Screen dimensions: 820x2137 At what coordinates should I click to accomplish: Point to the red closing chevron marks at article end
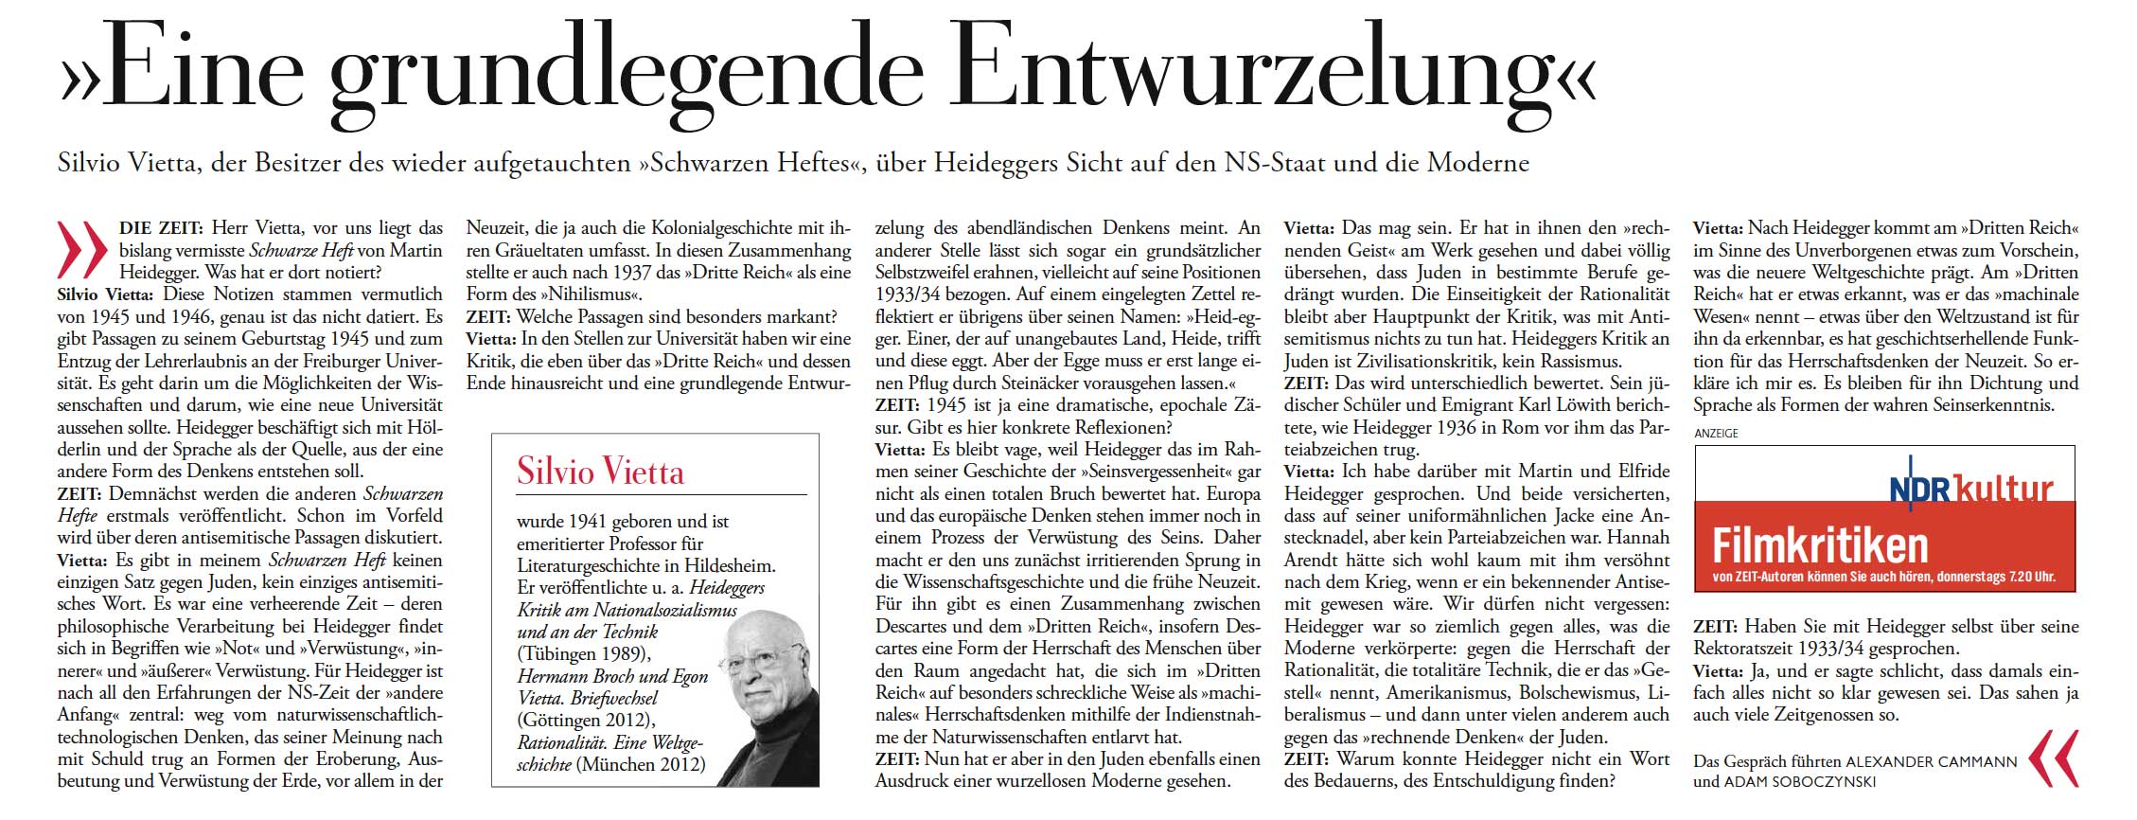click(2053, 758)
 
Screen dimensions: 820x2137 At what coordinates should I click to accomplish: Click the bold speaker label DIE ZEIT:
click(161, 228)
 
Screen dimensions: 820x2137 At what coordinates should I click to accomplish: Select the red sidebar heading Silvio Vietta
click(600, 472)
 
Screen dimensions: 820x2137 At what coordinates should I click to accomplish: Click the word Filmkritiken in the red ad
click(1820, 546)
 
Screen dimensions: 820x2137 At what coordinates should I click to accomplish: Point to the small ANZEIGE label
click(1716, 433)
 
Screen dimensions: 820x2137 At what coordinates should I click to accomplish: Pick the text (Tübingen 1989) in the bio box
click(585, 653)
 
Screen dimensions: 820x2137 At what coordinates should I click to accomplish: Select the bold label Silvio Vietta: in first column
click(108, 294)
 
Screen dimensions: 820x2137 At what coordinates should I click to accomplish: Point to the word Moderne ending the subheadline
click(1477, 163)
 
